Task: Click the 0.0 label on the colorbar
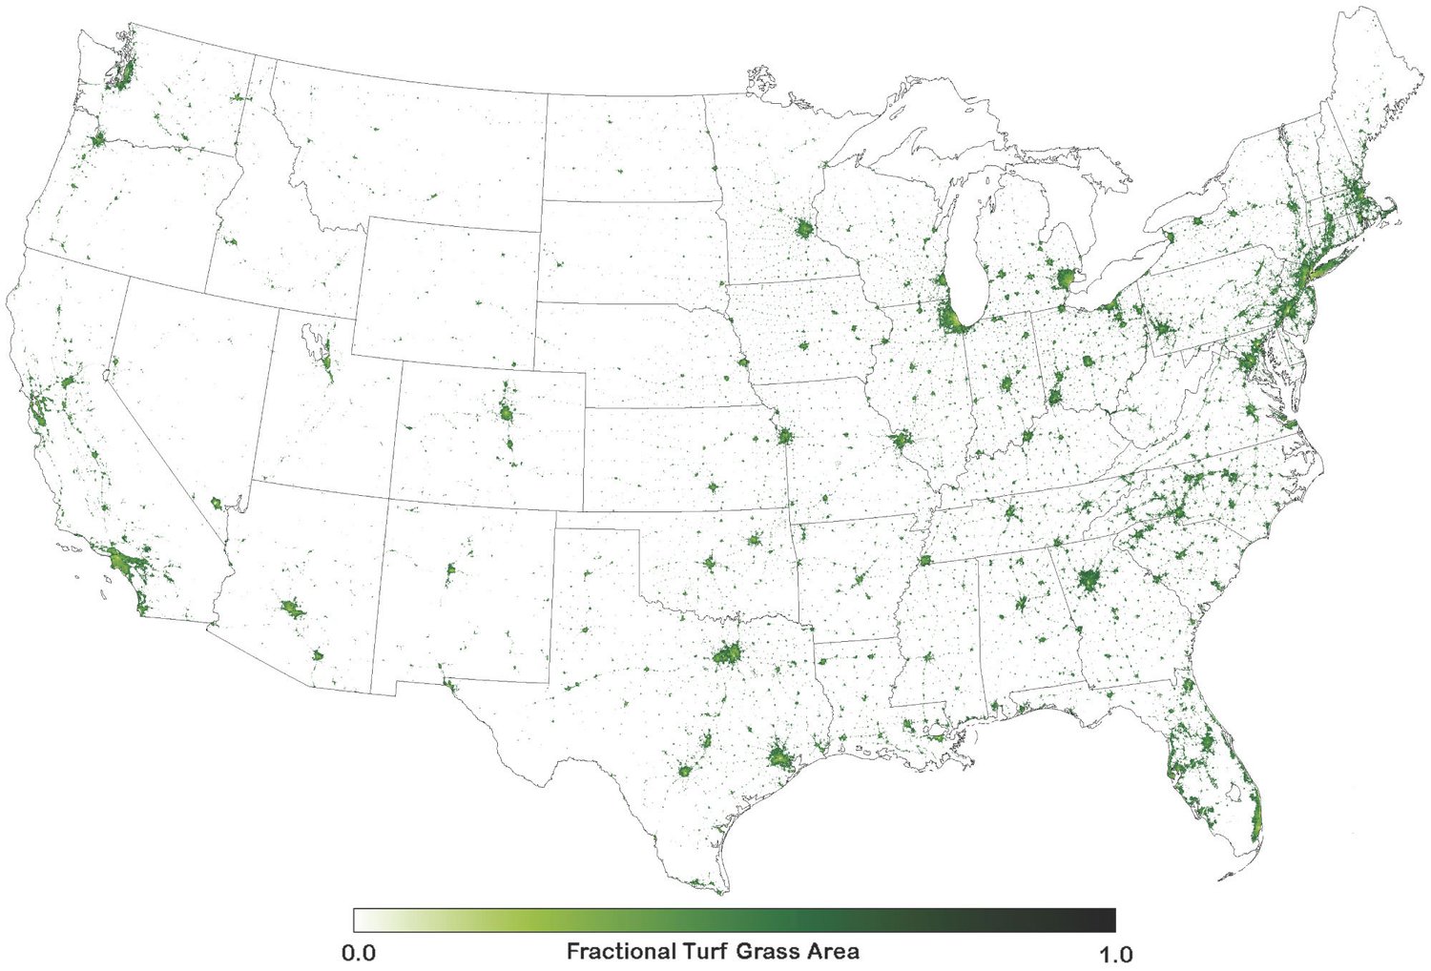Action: [358, 953]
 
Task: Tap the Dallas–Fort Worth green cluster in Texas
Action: [729, 655]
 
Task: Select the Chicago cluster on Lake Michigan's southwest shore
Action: [951, 319]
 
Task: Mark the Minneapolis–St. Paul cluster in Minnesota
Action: [803, 230]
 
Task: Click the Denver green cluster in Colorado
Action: [507, 413]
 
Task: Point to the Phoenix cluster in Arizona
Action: [292, 607]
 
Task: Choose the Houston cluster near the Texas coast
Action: [779, 758]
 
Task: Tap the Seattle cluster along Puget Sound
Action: [122, 73]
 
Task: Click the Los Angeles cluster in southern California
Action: [124, 563]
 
